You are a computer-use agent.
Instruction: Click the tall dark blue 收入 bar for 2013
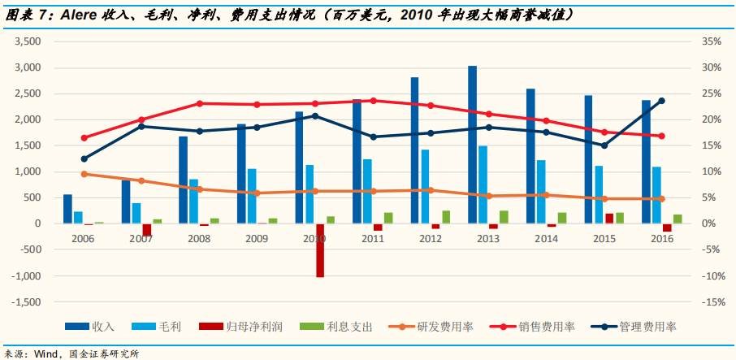click(472, 145)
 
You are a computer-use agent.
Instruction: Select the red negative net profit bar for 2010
click(320, 250)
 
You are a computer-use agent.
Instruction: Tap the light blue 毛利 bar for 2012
click(425, 186)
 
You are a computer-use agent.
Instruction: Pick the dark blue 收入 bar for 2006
click(67, 209)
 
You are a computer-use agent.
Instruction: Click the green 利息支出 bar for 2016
click(678, 219)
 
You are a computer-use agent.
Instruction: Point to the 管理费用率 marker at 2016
click(661, 101)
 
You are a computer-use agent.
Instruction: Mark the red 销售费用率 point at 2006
click(84, 137)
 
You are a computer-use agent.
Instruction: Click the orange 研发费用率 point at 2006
click(84, 174)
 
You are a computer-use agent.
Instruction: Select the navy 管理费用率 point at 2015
click(604, 145)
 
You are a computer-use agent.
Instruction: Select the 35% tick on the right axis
click(708, 41)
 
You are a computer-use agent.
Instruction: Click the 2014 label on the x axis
click(547, 240)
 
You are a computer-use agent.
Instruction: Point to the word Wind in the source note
click(44, 353)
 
